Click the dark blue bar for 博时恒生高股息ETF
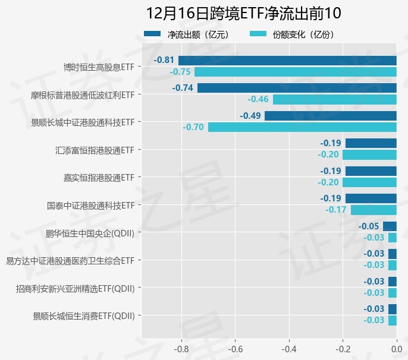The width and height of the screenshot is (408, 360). coord(287,60)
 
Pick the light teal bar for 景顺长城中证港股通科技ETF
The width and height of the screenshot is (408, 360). coord(302,127)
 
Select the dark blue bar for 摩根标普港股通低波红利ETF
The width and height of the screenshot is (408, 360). coord(297,88)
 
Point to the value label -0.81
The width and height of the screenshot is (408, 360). coord(164,60)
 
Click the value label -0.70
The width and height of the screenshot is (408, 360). coord(194,127)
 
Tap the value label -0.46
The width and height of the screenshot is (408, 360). coord(258,99)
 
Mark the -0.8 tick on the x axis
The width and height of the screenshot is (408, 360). coord(181,349)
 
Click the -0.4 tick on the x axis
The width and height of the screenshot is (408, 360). coord(289,349)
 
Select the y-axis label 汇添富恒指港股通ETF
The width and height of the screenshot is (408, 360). coord(94,150)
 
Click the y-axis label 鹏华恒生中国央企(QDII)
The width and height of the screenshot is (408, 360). coord(90,233)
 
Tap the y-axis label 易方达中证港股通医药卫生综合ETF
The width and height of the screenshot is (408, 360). coord(70,260)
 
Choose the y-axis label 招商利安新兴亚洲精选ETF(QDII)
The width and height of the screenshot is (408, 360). coord(75,288)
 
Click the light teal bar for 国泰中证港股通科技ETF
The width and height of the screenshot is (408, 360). coord(374,210)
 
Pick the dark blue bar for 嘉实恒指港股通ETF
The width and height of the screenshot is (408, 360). coord(371,171)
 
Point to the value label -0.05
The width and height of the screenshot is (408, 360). coord(369,226)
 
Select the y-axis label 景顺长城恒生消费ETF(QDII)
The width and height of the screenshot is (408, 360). coord(84,315)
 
